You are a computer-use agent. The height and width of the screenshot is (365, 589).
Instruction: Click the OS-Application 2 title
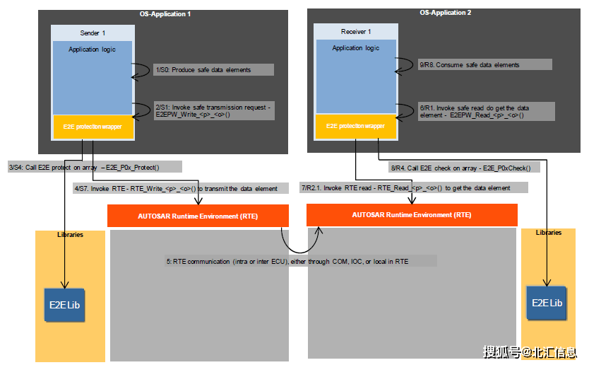click(446, 13)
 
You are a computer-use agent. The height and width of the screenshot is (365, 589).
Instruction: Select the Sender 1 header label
click(93, 33)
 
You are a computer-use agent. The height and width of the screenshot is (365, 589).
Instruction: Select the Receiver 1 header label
click(356, 32)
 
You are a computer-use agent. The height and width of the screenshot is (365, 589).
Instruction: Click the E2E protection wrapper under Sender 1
click(93, 127)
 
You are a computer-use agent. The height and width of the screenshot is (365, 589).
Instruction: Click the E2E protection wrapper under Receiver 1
click(356, 126)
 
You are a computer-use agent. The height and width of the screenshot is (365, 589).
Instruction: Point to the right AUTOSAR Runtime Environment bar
click(412, 214)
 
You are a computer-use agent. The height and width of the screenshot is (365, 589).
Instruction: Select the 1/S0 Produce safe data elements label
click(212, 70)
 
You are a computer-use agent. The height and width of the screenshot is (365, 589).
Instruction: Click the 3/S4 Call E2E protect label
click(95, 167)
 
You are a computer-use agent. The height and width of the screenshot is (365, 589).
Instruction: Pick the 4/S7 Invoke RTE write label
click(180, 189)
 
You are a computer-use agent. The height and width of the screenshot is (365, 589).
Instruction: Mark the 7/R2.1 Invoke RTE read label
click(415, 188)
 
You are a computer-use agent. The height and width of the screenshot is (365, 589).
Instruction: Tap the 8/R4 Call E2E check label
click(465, 168)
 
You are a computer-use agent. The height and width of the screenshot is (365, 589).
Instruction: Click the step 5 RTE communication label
click(301, 261)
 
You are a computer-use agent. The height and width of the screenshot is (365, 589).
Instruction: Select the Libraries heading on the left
click(70, 235)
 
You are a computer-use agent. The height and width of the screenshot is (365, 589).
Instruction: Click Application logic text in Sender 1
click(93, 50)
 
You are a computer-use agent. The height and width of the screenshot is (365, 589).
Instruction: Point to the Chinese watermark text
click(530, 352)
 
